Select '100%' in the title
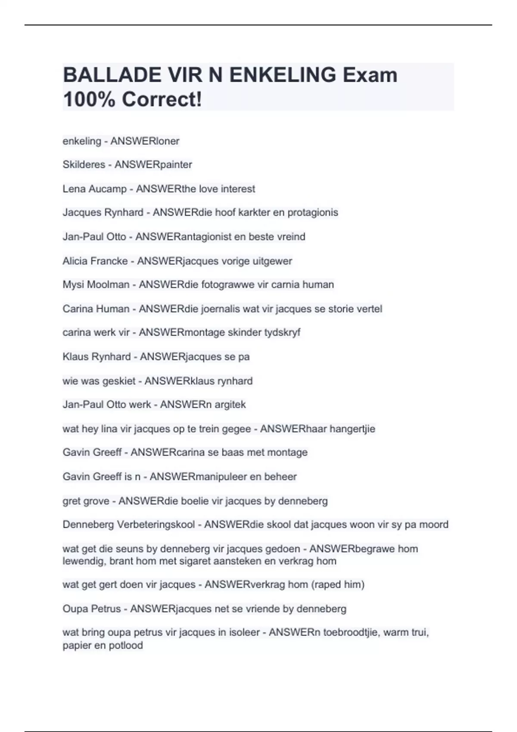pyautogui.click(x=89, y=99)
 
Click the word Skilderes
pyautogui.click(x=84, y=164)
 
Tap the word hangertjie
pyautogui.click(x=352, y=429)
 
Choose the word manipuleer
pyautogui.click(x=221, y=477)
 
